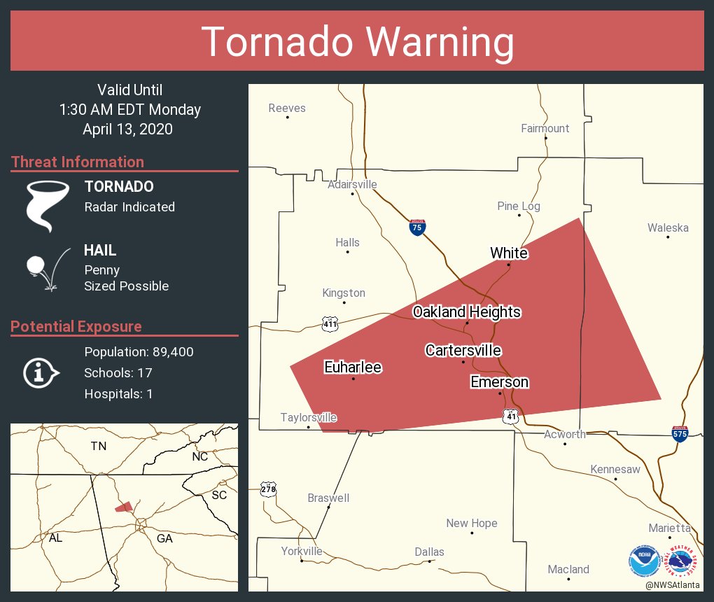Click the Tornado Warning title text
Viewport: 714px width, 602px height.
click(x=357, y=42)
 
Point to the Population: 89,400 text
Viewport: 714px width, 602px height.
click(x=139, y=351)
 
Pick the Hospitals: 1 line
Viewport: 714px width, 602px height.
click(x=118, y=393)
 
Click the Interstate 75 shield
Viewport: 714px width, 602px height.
click(x=417, y=227)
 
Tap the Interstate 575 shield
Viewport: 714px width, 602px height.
click(x=680, y=434)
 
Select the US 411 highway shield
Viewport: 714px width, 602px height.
click(x=330, y=323)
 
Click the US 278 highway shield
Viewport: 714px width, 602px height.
click(x=268, y=489)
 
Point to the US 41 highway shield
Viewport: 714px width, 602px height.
click(x=510, y=416)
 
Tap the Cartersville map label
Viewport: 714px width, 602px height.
click(x=463, y=350)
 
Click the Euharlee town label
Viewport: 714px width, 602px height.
click(x=353, y=367)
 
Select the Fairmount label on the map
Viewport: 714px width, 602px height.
click(x=545, y=128)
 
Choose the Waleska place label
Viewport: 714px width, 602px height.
click(x=667, y=227)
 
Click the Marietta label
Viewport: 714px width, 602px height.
click(x=669, y=528)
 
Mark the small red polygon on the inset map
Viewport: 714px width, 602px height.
click(x=124, y=506)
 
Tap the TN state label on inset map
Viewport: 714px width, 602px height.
click(x=98, y=446)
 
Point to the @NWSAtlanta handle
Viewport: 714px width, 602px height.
click(x=673, y=584)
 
